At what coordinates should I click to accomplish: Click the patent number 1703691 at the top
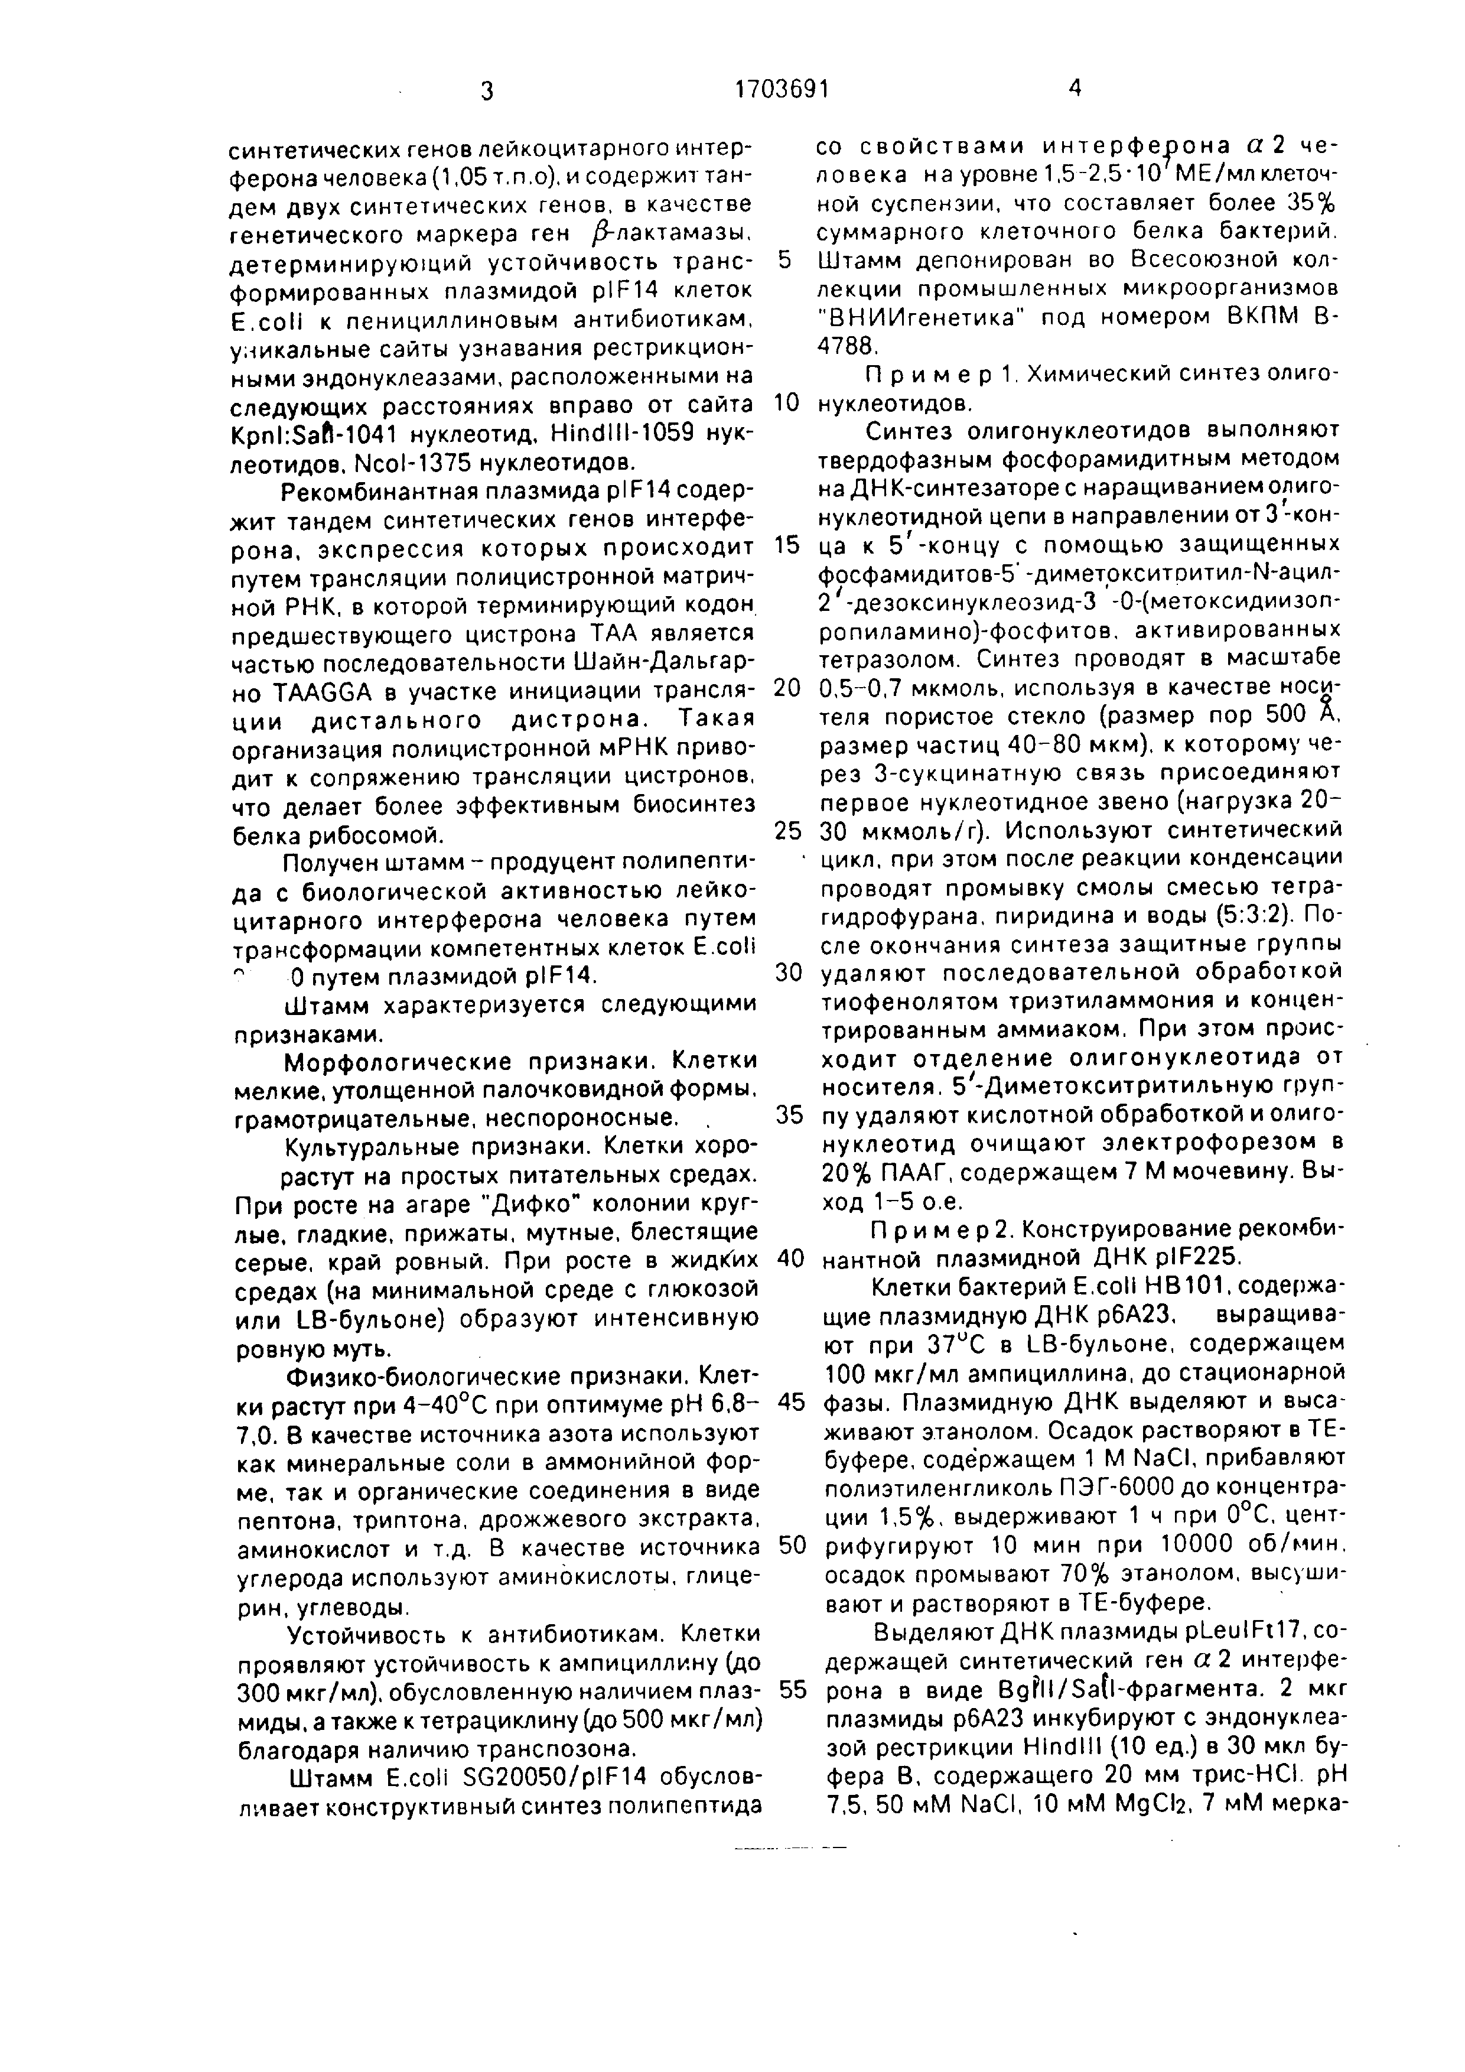pos(782,89)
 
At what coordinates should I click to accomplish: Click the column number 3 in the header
pos(487,91)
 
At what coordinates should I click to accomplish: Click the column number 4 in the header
pos(1073,87)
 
